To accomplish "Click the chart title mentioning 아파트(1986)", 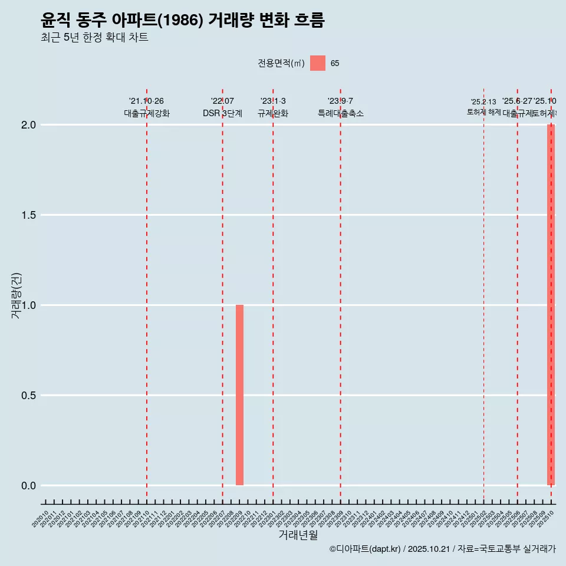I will click(183, 21).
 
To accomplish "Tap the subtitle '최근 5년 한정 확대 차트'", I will click(94, 38).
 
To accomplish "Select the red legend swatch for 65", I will click(318, 63).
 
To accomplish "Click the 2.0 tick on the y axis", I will click(29, 125).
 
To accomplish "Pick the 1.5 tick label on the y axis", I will click(29, 215).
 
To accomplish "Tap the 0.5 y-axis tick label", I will click(29, 396).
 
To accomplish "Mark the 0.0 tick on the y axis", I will click(29, 486).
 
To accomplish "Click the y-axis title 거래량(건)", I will click(17, 295).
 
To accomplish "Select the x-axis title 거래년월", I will click(298, 535).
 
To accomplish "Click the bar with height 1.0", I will click(239, 395).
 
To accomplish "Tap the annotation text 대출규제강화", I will click(147, 113).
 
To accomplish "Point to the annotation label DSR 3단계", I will click(222, 113).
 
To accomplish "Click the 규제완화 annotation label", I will click(273, 113).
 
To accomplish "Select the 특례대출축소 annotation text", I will click(340, 113).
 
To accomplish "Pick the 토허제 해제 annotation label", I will click(483, 111).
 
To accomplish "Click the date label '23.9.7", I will click(340, 101).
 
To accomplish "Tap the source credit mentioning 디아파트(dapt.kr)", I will click(442, 549).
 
